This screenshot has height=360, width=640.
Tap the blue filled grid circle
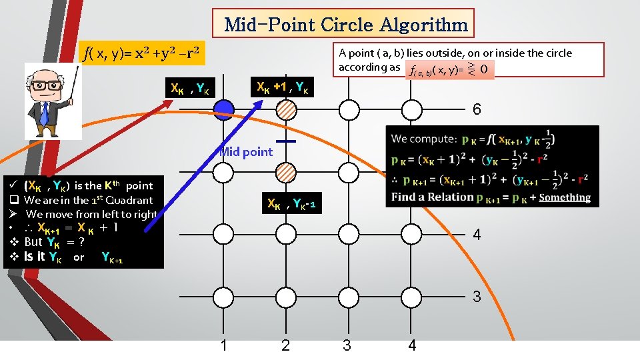pos(224,109)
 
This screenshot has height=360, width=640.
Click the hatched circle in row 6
pos(286,109)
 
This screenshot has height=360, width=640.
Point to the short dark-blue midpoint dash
pos(286,141)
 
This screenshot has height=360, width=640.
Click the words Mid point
pos(247,152)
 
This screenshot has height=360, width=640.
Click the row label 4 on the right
pos(477,235)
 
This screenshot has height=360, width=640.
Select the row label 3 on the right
pos(477,297)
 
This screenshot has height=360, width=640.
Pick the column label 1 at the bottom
pos(224,345)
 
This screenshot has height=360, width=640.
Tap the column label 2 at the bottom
pos(285,345)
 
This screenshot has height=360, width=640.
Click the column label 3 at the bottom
pos(347,345)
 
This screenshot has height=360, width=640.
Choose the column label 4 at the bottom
pos(412,345)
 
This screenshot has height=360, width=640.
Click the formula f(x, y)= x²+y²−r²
pos(140,52)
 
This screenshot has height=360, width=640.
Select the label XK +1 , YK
pos(282,87)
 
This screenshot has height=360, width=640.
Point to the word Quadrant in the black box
pos(129,200)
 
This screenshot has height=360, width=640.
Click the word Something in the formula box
pos(565,197)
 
